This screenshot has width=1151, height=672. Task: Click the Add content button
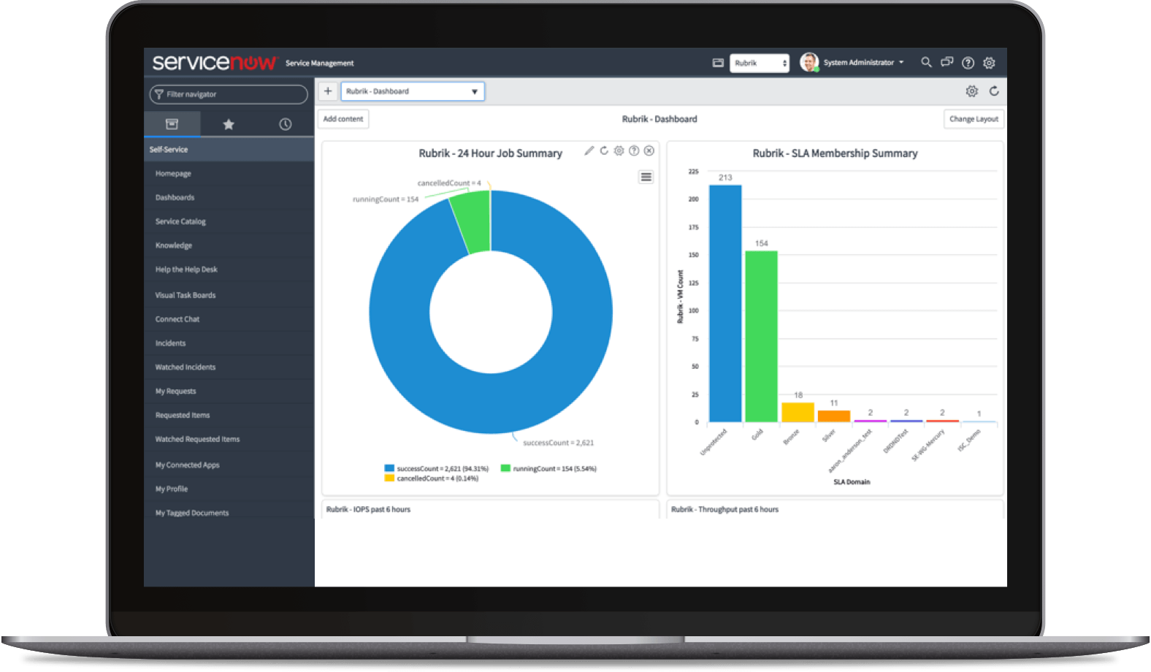point(343,119)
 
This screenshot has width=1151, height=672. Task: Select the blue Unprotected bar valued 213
point(724,303)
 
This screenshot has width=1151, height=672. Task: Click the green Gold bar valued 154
point(761,336)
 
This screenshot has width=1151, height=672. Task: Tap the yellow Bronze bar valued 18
point(798,412)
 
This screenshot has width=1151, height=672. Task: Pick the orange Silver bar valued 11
point(833,416)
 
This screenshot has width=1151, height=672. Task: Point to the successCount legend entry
point(436,468)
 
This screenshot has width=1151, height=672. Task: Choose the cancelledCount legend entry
point(432,478)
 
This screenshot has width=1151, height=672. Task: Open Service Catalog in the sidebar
point(180,221)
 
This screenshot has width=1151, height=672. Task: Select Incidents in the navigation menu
point(170,343)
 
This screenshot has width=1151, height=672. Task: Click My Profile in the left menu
point(172,489)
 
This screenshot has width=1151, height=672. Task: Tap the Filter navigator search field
point(229,94)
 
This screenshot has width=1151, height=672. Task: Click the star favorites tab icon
point(229,124)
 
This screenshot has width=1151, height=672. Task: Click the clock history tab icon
point(286,124)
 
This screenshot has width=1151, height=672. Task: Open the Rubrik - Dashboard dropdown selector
point(413,91)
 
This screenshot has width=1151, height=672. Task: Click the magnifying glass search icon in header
point(926,63)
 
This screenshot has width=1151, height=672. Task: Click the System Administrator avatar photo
point(808,63)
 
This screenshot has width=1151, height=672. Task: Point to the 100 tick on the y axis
point(694,310)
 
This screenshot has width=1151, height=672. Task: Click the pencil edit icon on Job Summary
point(589,150)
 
